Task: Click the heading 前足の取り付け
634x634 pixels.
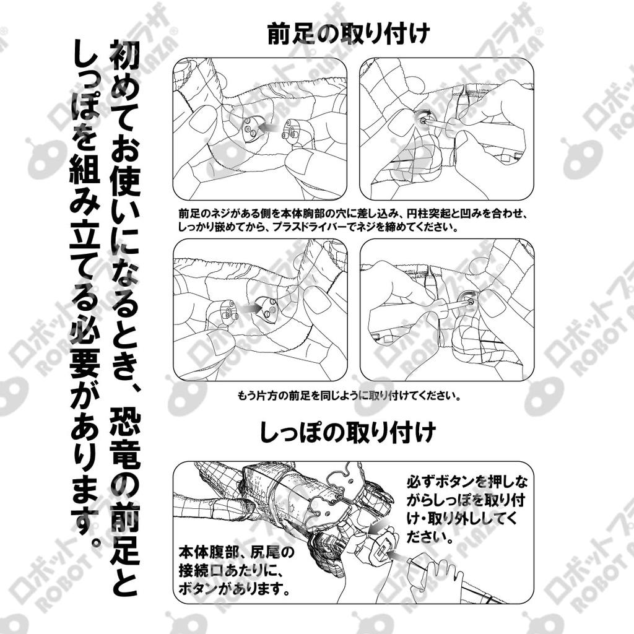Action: click(347, 33)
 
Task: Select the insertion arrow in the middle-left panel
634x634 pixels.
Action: click(250, 307)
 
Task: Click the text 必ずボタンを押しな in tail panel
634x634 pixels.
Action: click(467, 482)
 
